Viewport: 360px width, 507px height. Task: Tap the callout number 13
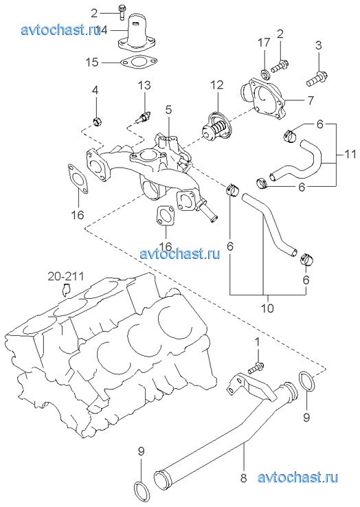[x=144, y=85]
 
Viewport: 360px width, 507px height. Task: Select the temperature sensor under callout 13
[x=142, y=118]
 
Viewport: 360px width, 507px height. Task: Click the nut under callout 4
[x=96, y=122]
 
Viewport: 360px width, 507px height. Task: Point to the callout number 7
[x=168, y=110]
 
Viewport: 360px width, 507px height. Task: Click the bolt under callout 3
[x=317, y=80]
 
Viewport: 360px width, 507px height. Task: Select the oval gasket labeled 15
[x=138, y=62]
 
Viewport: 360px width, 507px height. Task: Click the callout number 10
[x=267, y=308]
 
